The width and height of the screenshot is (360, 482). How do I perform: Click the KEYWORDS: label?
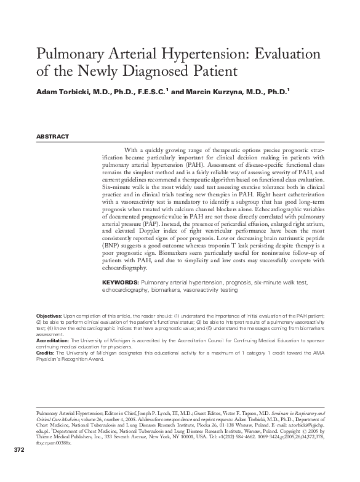click(x=120, y=282)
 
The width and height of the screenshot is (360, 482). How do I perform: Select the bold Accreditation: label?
click(x=54, y=339)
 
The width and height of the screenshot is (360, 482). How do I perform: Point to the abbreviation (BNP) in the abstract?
click(x=111, y=244)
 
